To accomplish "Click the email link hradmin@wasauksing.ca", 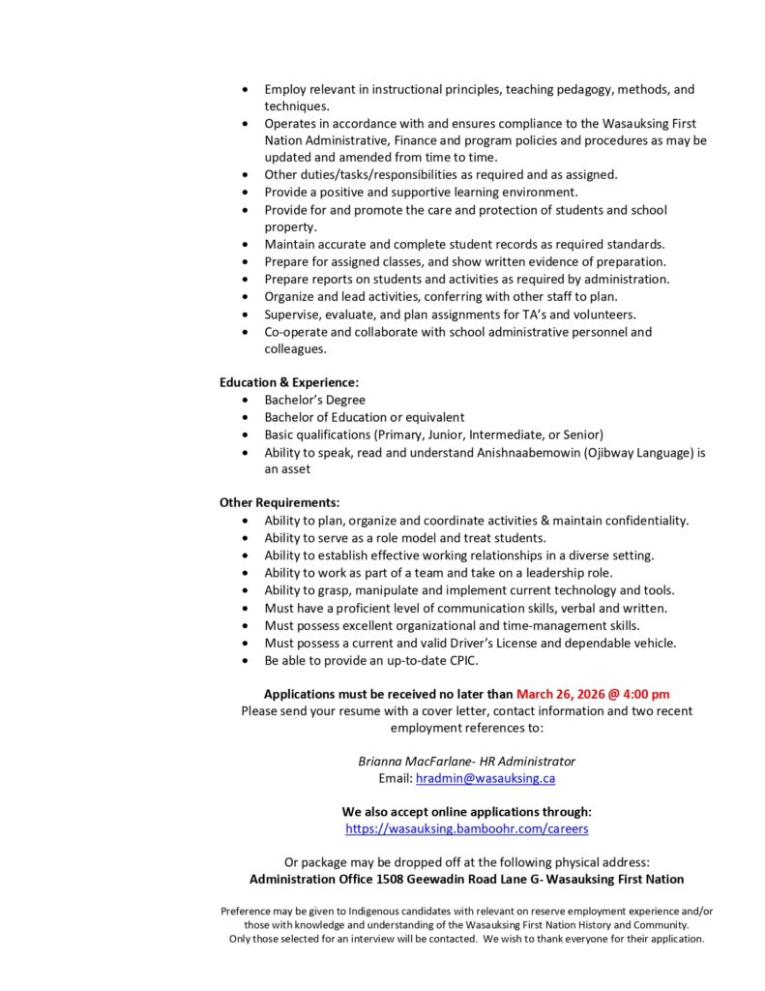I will click(485, 778).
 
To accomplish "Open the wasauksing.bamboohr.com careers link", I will click(467, 829).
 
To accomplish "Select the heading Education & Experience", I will click(288, 382).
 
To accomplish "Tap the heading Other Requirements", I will click(279, 502).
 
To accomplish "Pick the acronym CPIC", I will click(460, 660).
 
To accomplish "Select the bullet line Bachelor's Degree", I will click(314, 400).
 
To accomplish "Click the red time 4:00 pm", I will click(644, 694).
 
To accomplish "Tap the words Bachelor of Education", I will click(329, 417).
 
